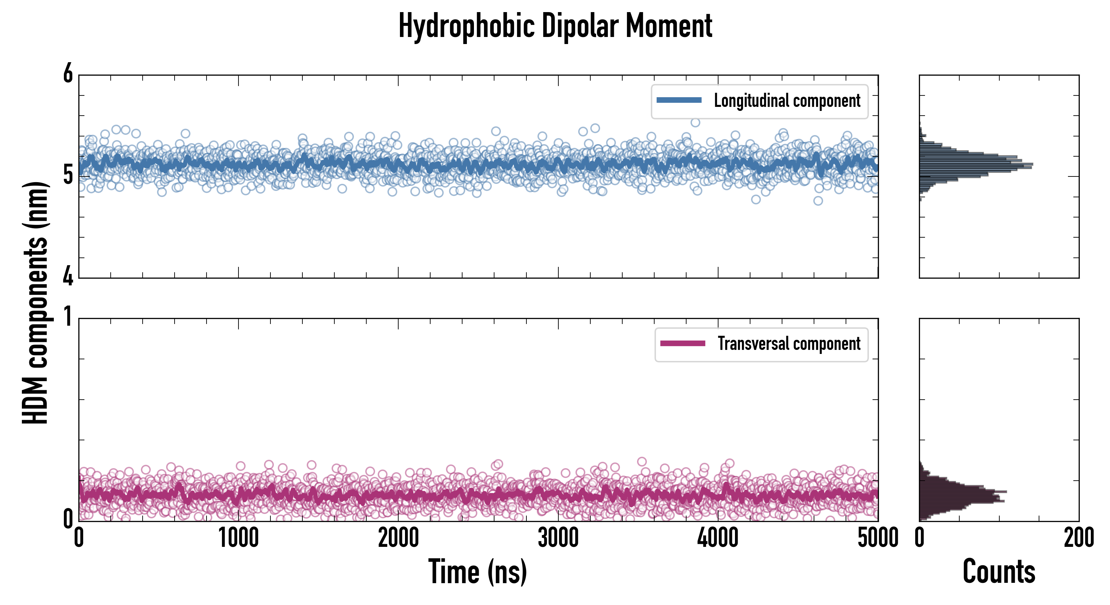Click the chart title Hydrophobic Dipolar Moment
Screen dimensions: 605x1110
[x=555, y=26]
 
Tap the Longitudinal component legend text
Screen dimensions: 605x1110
[x=787, y=101]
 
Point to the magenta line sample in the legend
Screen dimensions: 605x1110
[x=682, y=343]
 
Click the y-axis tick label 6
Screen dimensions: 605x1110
[x=68, y=74]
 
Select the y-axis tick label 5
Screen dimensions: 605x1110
[x=68, y=175]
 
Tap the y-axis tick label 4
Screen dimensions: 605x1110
[x=68, y=276]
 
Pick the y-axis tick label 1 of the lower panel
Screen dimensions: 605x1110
[x=68, y=318]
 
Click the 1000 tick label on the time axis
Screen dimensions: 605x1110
[x=238, y=538]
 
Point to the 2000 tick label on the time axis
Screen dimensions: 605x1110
[x=398, y=538]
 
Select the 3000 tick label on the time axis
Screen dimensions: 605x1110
[x=558, y=538]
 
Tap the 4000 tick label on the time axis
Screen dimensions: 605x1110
[x=718, y=538]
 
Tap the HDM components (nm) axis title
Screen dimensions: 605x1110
[x=35, y=303]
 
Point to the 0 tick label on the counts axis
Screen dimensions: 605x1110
[x=920, y=538]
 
